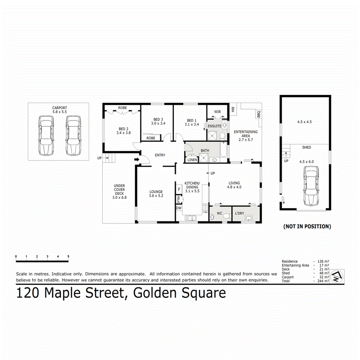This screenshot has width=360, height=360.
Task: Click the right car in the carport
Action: (x=73, y=136)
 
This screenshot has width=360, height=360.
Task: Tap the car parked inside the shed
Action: (x=311, y=186)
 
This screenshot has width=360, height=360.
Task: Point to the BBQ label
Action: (x=258, y=114)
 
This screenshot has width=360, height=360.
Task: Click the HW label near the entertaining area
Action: (x=232, y=109)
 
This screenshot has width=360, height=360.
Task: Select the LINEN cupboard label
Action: (x=192, y=160)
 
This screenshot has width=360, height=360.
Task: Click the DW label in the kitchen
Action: (x=178, y=208)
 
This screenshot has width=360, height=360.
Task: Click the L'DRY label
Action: (x=239, y=213)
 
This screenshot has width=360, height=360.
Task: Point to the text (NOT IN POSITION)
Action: (x=307, y=226)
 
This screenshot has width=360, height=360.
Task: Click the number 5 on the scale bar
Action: (x=68, y=256)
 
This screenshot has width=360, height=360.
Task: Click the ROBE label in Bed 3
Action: (x=151, y=138)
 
